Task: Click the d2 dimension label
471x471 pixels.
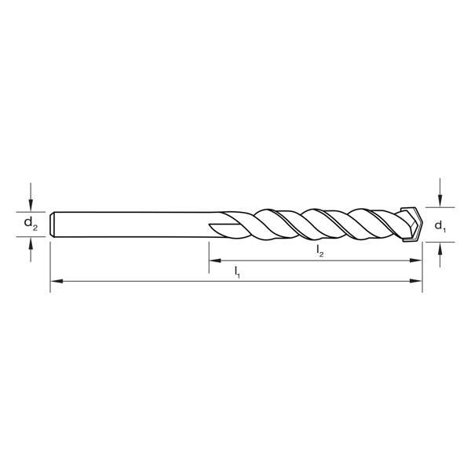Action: [x=30, y=224]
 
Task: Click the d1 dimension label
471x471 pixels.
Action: [x=440, y=228]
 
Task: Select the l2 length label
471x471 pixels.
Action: [x=319, y=250]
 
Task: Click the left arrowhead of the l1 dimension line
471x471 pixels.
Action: [x=56, y=280]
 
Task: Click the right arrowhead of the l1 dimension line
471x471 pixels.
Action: [x=417, y=280]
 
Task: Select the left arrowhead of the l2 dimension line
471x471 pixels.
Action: [x=214, y=260]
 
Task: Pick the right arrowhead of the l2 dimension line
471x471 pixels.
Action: [x=417, y=260]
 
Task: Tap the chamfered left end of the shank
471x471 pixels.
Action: [x=53, y=224]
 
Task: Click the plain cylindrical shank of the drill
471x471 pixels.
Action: [x=133, y=224]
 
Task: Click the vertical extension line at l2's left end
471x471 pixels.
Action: [x=209, y=263]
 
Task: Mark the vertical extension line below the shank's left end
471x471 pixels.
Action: [x=50, y=267]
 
